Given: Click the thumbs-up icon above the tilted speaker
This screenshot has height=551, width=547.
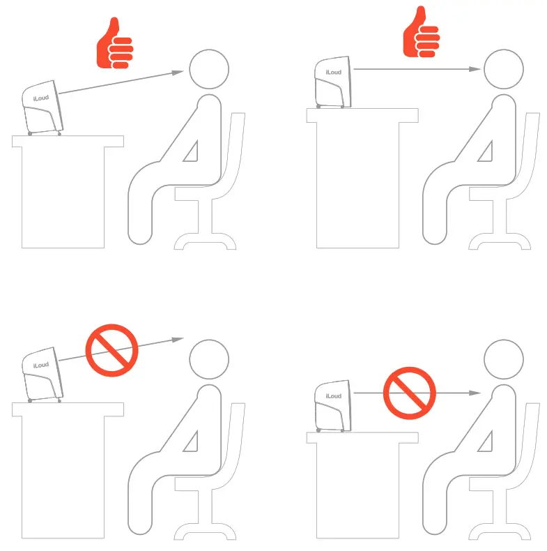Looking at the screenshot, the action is coord(114,43).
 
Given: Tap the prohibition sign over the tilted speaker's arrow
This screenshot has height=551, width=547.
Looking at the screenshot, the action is coord(111,350).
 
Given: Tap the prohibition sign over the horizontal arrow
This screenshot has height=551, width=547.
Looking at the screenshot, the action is coord(409,393).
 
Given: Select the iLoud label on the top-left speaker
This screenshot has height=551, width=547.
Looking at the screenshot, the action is coord(41,98).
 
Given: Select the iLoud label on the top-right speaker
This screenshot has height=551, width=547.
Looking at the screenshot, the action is coord(334,72).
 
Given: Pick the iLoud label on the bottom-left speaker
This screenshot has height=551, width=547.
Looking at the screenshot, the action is coord(41,365).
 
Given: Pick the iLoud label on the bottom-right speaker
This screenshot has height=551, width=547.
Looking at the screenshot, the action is coord(334,396).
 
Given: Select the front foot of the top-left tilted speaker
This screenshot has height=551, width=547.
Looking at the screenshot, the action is coord(59,134).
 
